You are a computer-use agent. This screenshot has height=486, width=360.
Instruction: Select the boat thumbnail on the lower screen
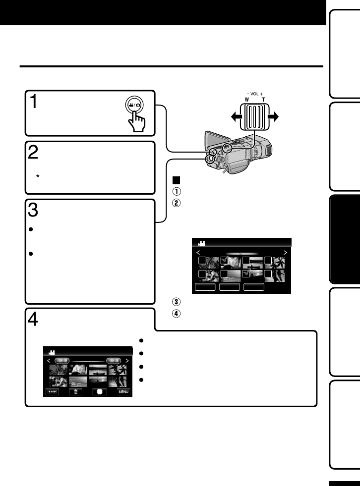click(x=98, y=369)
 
